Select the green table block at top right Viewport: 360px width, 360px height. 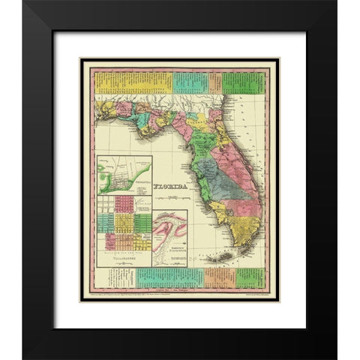coord(244,81)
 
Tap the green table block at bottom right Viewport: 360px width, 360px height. coord(250,277)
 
